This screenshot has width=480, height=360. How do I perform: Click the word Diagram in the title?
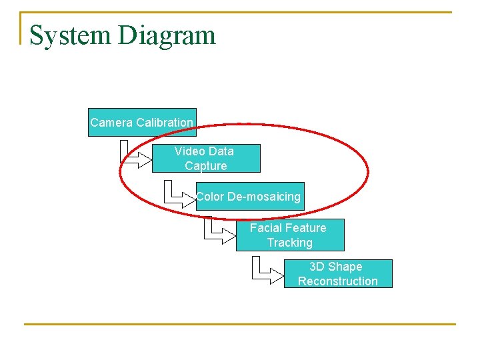click(x=167, y=35)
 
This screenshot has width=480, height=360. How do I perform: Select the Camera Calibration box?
click(x=142, y=123)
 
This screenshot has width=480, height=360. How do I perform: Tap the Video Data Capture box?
click(x=206, y=159)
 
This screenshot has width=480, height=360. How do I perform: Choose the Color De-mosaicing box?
click(x=250, y=197)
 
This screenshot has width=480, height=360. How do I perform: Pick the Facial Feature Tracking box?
click(x=290, y=235)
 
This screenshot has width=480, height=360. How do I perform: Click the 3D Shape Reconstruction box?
click(x=337, y=274)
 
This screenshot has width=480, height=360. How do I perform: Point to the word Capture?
click(x=206, y=166)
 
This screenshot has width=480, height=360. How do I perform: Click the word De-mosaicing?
click(x=264, y=197)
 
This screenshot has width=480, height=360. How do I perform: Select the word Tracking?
click(x=290, y=243)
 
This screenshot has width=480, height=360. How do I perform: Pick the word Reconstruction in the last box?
click(x=337, y=281)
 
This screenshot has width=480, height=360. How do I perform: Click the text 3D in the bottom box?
click(x=317, y=267)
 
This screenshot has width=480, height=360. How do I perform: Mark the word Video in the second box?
click(x=189, y=151)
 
